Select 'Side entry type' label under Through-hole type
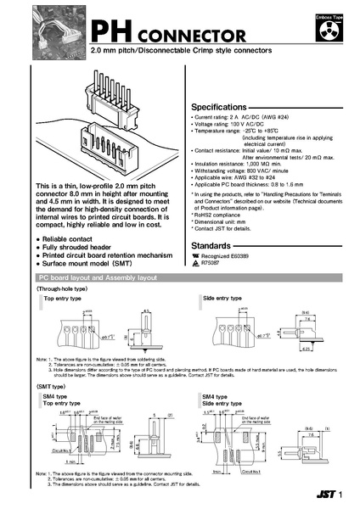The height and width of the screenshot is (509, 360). pos(223,299)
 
